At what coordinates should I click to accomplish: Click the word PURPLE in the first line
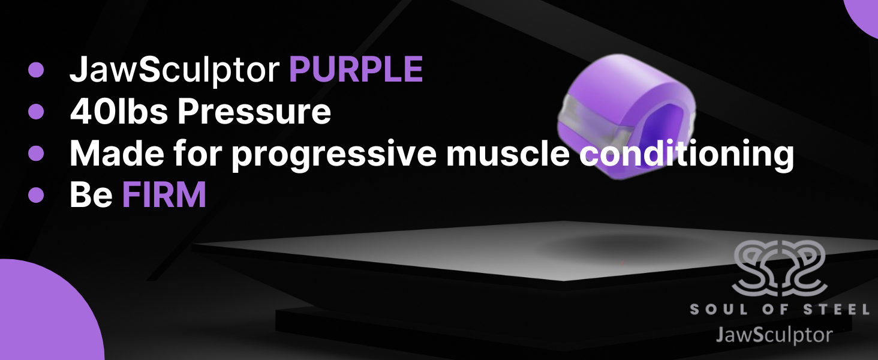tap(356, 71)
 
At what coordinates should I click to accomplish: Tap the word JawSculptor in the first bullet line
tap(175, 71)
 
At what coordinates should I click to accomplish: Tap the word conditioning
tap(686, 155)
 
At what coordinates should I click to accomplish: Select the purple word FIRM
tap(164, 195)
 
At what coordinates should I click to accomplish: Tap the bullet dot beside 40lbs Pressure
tap(36, 112)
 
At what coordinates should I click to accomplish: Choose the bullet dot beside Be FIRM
tap(36, 195)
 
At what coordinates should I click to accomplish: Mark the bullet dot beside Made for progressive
tap(36, 154)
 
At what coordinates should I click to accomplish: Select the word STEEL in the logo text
tap(840, 310)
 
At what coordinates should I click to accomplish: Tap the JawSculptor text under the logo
tap(774, 334)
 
